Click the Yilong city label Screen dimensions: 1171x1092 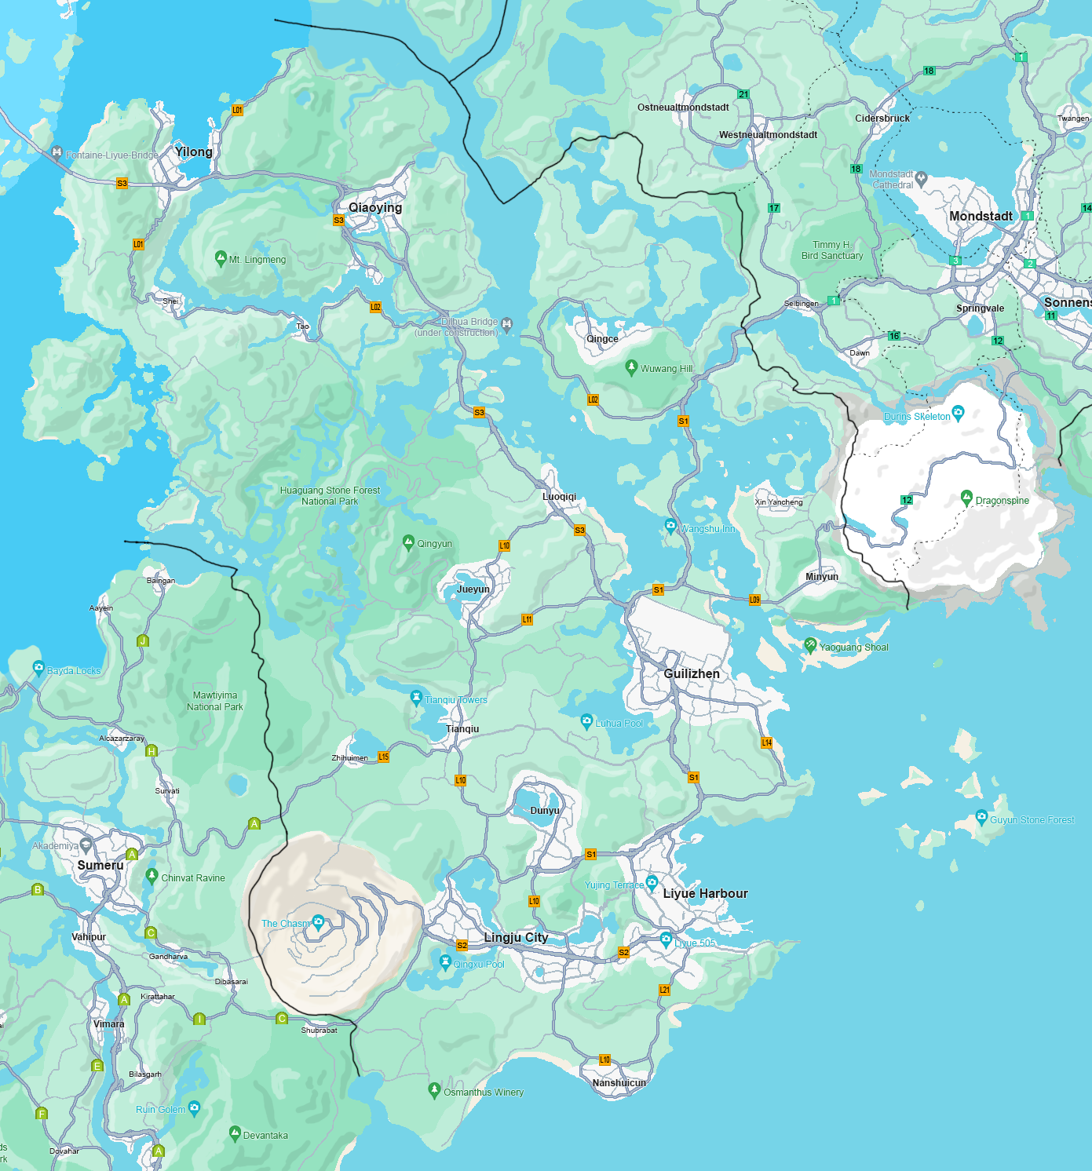click(193, 151)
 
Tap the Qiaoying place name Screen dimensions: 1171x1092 click(375, 207)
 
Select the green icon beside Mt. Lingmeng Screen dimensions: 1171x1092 click(221, 257)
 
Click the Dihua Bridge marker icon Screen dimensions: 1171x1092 click(507, 323)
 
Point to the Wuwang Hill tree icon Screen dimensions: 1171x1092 click(631, 367)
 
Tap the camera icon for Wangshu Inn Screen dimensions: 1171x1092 click(670, 525)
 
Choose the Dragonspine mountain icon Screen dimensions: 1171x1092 click(966, 498)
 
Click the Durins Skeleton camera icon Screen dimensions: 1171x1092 click(958, 412)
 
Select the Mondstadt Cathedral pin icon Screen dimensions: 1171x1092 click(922, 178)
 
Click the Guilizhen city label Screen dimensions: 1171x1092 click(692, 673)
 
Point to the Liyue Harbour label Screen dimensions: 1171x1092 click(705, 893)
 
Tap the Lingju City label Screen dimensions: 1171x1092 click(516, 937)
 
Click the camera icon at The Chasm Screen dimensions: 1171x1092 click(318, 921)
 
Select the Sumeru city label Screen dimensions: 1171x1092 click(100, 865)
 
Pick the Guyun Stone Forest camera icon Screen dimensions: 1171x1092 click(981, 817)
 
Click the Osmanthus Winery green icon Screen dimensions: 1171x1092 click(434, 1089)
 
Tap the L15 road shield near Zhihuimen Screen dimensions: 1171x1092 click(384, 757)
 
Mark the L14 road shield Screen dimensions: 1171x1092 click(767, 742)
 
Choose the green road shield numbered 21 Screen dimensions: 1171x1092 click(743, 94)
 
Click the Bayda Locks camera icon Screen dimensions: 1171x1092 click(38, 668)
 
